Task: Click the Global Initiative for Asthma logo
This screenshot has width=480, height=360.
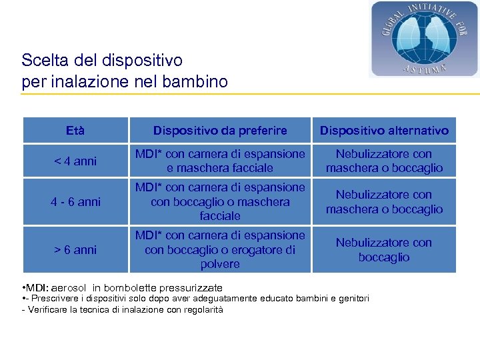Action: (x=424, y=39)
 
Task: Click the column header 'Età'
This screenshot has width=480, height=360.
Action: (x=75, y=131)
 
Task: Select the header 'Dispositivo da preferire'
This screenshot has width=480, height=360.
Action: (x=220, y=131)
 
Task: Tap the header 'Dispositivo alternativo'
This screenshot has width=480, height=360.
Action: (x=384, y=131)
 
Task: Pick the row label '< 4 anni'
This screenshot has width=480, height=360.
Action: (x=75, y=161)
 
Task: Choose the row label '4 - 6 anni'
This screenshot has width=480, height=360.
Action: (x=75, y=202)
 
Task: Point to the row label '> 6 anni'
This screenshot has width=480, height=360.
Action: (x=75, y=250)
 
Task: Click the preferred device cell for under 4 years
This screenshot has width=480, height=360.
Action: (x=220, y=161)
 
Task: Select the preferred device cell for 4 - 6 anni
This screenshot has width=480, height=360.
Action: (x=220, y=202)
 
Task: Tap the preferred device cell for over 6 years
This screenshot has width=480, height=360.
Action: (x=220, y=250)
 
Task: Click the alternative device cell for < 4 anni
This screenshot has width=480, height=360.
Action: (x=384, y=161)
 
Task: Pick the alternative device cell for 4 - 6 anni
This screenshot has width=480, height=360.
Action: (x=384, y=202)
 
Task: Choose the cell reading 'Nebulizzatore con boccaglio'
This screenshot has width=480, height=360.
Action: (x=384, y=250)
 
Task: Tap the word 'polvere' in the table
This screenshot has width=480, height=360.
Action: (x=220, y=265)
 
